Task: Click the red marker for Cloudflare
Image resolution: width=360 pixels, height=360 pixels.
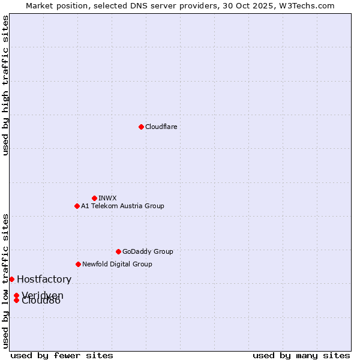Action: point(141,127)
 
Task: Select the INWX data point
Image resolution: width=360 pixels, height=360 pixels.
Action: point(94,198)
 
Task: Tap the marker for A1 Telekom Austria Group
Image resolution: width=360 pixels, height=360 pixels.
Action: point(77,206)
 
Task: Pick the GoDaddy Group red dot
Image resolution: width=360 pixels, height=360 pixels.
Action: point(118,251)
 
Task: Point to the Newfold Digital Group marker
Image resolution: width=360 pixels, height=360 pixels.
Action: point(78,264)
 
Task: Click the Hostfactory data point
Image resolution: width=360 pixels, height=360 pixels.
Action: point(11,279)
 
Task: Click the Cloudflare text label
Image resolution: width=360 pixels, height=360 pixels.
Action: point(161,127)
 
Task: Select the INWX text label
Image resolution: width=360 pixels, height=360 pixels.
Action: point(107,198)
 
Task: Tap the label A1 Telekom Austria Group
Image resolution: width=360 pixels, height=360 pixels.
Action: point(122,206)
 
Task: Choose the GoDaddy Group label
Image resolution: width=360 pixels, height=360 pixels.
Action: point(148,251)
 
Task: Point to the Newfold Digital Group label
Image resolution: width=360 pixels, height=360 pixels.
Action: point(117,264)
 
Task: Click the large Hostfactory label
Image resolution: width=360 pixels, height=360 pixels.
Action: point(44,279)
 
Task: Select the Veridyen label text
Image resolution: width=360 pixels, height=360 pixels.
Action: point(43,295)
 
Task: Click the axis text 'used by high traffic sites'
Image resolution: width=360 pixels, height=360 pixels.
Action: point(5,85)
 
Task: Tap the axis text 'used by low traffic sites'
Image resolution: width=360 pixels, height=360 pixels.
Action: point(5,280)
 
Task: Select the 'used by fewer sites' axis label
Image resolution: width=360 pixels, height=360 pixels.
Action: point(62,355)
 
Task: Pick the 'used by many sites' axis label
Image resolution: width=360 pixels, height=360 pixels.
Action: point(301,355)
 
